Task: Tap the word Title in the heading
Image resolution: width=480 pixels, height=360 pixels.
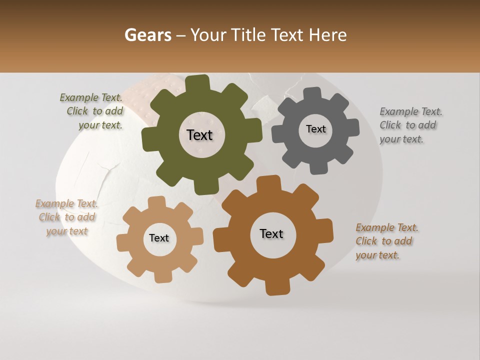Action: click(x=249, y=35)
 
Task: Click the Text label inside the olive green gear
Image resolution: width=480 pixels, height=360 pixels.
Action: click(x=199, y=135)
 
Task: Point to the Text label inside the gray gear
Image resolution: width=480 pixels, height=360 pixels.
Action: click(x=315, y=129)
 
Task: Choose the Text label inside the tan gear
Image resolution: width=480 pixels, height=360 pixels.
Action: click(x=159, y=238)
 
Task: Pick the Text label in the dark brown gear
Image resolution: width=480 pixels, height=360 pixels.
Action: click(x=271, y=233)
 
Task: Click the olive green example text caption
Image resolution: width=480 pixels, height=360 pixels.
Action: click(x=92, y=111)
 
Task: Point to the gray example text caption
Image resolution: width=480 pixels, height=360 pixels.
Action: click(x=410, y=125)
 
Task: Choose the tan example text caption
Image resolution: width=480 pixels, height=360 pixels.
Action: click(x=67, y=217)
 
